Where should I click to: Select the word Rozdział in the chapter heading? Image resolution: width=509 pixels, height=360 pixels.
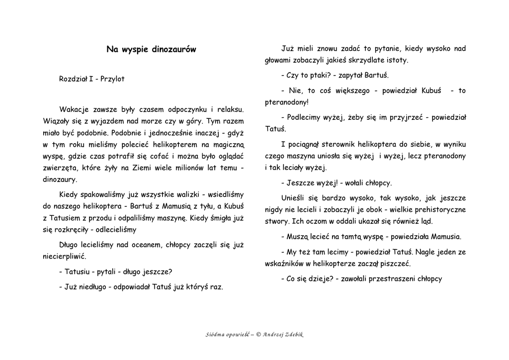pyautogui.click(x=73, y=79)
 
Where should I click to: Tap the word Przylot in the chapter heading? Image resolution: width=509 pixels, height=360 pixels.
pyautogui.click(x=112, y=79)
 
